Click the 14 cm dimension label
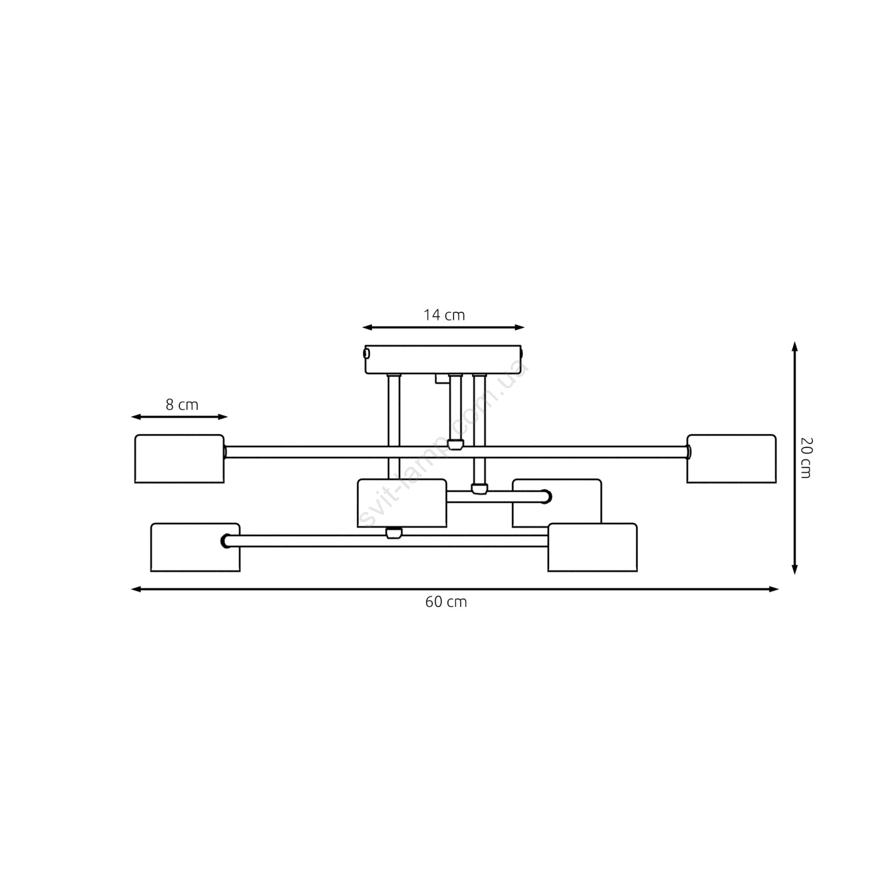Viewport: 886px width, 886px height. (x=444, y=315)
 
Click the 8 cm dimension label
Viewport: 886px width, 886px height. (x=182, y=405)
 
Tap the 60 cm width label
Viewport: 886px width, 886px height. (x=446, y=602)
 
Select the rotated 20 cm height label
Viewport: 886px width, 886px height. (x=806, y=457)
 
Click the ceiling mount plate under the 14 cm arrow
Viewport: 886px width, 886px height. (x=444, y=359)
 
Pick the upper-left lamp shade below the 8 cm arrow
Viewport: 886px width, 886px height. (x=179, y=459)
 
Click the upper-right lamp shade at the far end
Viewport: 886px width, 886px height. (x=732, y=459)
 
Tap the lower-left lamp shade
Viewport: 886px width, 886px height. (x=195, y=547)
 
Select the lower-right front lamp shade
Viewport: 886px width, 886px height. (x=593, y=547)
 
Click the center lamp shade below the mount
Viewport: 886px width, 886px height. (x=402, y=503)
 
